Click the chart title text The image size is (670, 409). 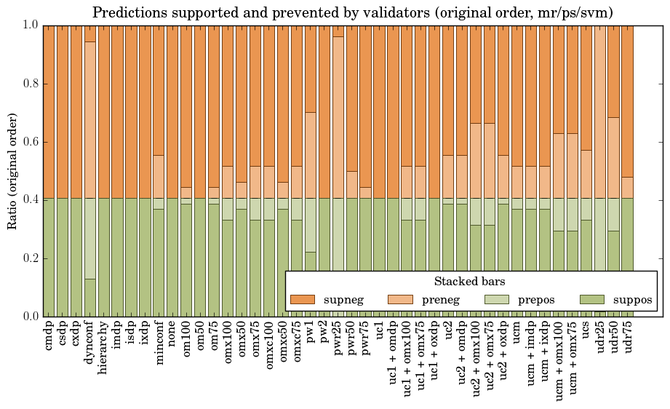click(352, 12)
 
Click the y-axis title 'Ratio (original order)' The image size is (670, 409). click(12, 170)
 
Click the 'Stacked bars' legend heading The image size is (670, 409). click(470, 282)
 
